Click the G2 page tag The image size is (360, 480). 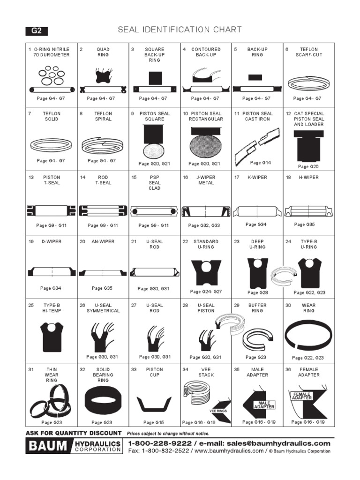click(x=37, y=31)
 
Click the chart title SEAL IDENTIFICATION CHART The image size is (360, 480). click(x=180, y=30)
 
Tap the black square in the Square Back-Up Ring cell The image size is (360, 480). click(x=155, y=78)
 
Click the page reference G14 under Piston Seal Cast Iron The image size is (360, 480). click(x=261, y=163)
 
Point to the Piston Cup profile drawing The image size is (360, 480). click(x=154, y=403)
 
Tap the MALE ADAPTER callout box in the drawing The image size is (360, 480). click(x=264, y=405)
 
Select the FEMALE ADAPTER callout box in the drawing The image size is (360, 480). click(x=302, y=396)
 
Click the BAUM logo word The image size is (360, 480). click(x=48, y=446)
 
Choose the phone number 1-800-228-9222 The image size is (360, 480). click(x=159, y=443)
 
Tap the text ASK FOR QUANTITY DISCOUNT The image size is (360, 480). click(x=74, y=433)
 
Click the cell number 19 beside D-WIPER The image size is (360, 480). click(x=31, y=242)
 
